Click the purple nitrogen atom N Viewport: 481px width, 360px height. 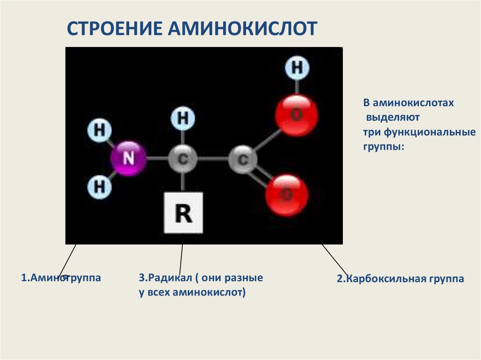(x=128, y=159)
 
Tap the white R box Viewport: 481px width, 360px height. (x=183, y=213)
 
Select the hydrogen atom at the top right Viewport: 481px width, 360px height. (x=297, y=68)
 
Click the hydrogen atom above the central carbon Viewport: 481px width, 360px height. (x=183, y=118)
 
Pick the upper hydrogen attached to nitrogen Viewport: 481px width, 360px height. (x=100, y=130)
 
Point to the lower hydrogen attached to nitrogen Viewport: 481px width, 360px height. (x=100, y=187)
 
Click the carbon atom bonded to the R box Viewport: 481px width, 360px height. (x=183, y=160)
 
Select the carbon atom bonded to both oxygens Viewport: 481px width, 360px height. (x=243, y=160)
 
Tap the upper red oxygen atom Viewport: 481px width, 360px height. (x=296, y=115)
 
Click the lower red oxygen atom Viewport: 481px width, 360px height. (x=287, y=194)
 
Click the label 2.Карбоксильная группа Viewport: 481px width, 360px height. (x=400, y=279)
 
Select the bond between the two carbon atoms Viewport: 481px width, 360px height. (x=213, y=160)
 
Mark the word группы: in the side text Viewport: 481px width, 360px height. (x=383, y=146)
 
